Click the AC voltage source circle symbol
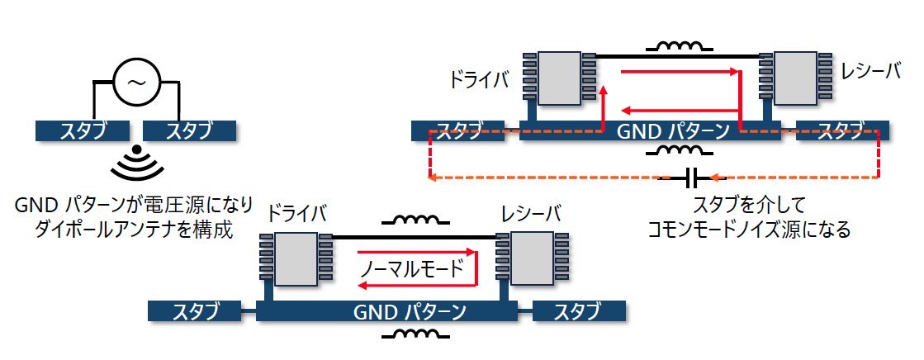(135, 82)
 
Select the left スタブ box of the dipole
(83, 130)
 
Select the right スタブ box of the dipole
(189, 130)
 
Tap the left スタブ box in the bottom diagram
(195, 311)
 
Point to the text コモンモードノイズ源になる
(749, 229)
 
